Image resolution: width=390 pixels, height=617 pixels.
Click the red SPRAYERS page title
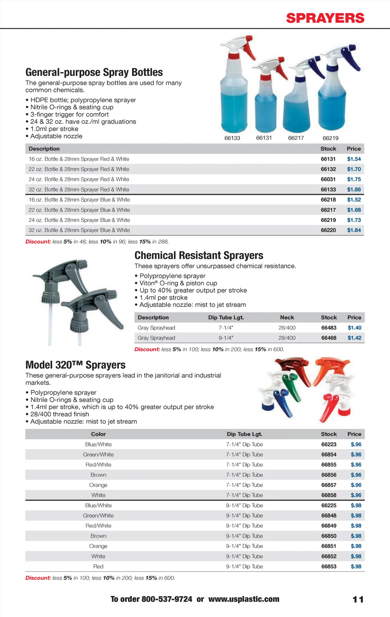pyautogui.click(x=325, y=18)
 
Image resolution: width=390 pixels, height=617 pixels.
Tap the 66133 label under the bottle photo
pyautogui.click(x=232, y=138)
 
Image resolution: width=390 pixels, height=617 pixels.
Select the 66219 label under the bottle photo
pyautogui.click(x=330, y=138)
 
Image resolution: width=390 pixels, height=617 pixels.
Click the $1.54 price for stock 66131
pyautogui.click(x=354, y=159)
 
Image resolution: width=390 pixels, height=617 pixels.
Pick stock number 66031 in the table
pyautogui.click(x=328, y=179)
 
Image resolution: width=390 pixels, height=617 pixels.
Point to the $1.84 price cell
pyautogui.click(x=354, y=230)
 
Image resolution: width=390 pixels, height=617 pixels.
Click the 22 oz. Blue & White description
pyautogui.click(x=79, y=210)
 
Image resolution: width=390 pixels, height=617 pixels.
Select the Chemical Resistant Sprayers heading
pyautogui.click(x=199, y=255)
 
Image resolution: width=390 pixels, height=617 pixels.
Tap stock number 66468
pyautogui.click(x=329, y=338)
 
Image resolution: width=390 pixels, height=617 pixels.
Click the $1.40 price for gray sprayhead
pyautogui.click(x=354, y=328)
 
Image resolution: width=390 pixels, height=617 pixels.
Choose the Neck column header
pyautogui.click(x=287, y=317)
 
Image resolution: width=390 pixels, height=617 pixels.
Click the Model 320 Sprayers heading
pyautogui.click(x=75, y=365)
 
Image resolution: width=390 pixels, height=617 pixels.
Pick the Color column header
pyautogui.click(x=98, y=434)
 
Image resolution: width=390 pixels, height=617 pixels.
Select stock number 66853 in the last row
pyautogui.click(x=329, y=566)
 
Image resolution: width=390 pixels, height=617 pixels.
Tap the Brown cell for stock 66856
pyautogui.click(x=98, y=475)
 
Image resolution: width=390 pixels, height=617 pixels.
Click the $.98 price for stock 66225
pyautogui.click(x=356, y=505)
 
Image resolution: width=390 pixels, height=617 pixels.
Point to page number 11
pyautogui.click(x=358, y=599)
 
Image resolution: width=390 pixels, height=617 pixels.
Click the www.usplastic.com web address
pyautogui.click(x=244, y=599)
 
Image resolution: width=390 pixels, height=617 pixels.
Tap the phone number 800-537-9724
pyautogui.click(x=167, y=599)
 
